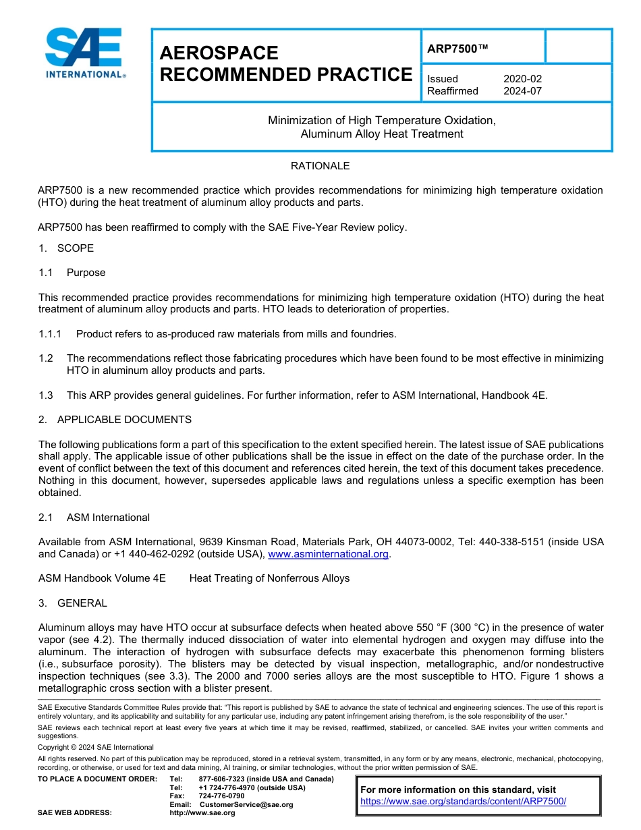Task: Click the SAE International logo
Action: click(84, 53)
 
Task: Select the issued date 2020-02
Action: click(522, 79)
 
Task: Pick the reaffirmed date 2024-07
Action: click(522, 91)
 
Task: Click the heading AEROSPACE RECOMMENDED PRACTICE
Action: click(285, 64)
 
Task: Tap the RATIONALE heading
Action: click(320, 166)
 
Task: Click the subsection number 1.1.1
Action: click(50, 334)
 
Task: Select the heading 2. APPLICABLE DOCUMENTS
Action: click(115, 420)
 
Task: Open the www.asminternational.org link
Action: click(329, 554)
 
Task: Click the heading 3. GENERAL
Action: click(73, 603)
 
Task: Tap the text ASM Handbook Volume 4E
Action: click(102, 578)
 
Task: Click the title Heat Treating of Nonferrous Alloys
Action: click(269, 578)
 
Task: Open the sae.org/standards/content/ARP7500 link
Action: click(463, 802)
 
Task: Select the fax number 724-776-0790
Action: click(221, 796)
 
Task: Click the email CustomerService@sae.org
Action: click(246, 804)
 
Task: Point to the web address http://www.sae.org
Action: click(202, 813)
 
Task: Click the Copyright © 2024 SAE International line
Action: click(96, 747)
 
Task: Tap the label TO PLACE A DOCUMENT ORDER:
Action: click(97, 779)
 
